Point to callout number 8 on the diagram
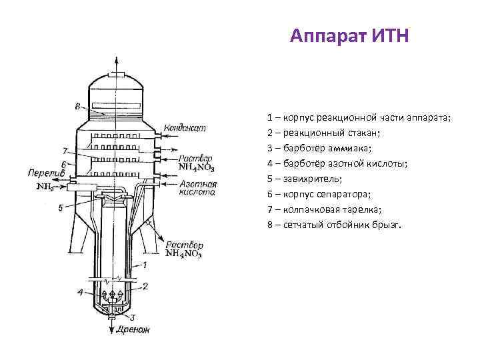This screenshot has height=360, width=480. [77, 106]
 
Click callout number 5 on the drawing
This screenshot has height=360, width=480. [61, 208]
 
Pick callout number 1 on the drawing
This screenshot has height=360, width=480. [144, 265]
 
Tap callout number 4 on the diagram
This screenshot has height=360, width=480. [81, 292]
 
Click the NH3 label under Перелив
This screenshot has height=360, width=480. [45, 187]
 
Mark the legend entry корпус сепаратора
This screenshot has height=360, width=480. [319, 194]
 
